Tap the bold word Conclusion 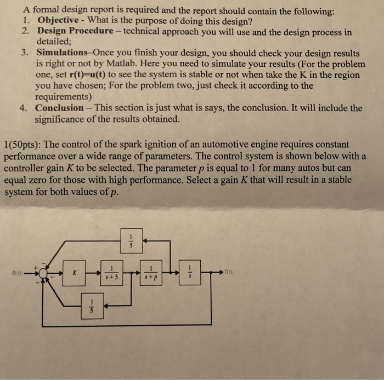coord(60,108)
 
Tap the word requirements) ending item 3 coord(63,96)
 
